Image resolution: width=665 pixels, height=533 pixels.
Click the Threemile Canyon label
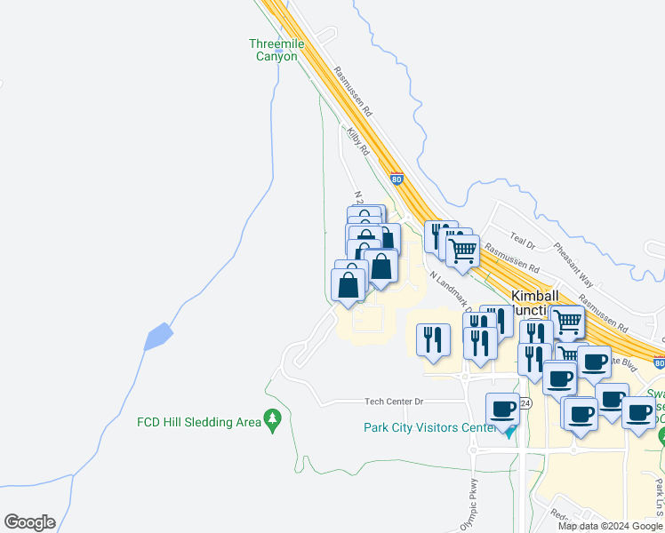click(x=273, y=50)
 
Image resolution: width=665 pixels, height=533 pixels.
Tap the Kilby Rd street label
click(x=358, y=140)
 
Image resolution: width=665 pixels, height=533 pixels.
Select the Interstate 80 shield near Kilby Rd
click(x=397, y=179)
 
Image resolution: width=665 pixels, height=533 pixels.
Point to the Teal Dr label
click(x=523, y=242)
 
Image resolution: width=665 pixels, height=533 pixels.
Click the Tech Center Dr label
click(x=393, y=402)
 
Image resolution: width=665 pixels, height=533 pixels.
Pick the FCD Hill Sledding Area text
click(x=198, y=421)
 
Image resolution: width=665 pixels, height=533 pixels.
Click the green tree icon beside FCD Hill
click(x=272, y=419)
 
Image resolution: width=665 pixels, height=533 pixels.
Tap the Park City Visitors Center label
click(x=429, y=427)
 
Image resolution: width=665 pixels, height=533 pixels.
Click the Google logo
click(x=29, y=521)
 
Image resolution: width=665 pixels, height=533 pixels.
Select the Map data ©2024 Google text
click(x=610, y=526)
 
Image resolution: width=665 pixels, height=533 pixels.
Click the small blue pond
click(x=157, y=337)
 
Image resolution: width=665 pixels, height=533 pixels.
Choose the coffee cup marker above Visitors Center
click(x=502, y=409)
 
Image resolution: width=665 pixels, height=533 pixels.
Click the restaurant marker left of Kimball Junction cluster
click(x=433, y=338)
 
